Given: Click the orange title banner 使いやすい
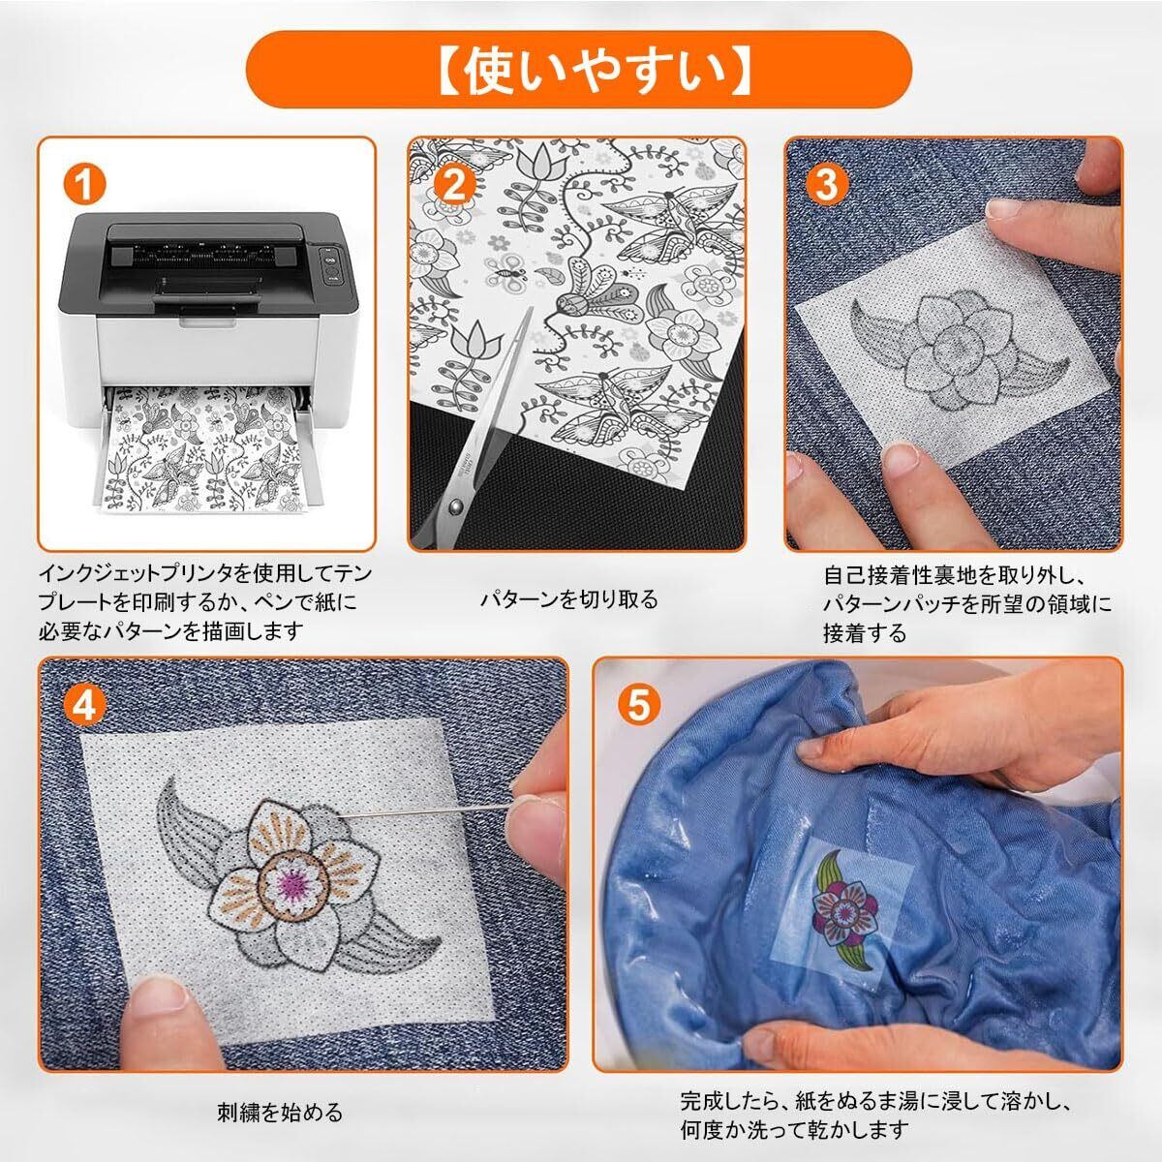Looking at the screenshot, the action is click(x=579, y=70).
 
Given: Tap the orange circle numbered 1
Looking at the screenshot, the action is click(x=84, y=184).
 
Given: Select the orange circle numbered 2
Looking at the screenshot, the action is click(x=453, y=184).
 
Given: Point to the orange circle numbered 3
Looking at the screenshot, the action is click(x=826, y=184).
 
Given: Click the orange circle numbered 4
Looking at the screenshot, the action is click(x=84, y=706).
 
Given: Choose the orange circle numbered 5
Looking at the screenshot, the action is click(x=638, y=706).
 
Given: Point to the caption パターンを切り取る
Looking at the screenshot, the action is click(x=568, y=600).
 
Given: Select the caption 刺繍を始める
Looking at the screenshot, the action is click(x=280, y=1112).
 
